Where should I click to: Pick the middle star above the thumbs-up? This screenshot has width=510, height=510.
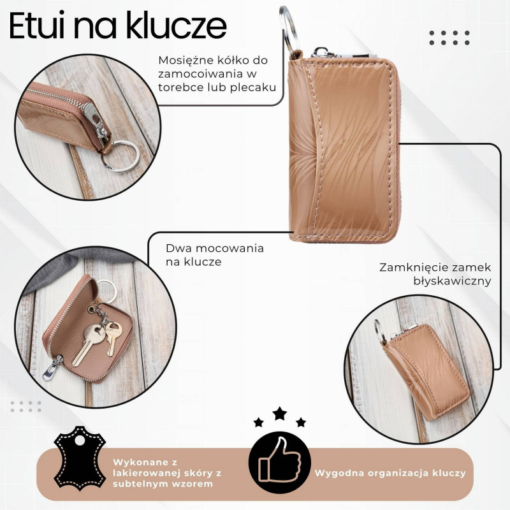click(x=279, y=414)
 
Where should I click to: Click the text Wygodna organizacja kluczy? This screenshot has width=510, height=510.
click(x=390, y=473)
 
